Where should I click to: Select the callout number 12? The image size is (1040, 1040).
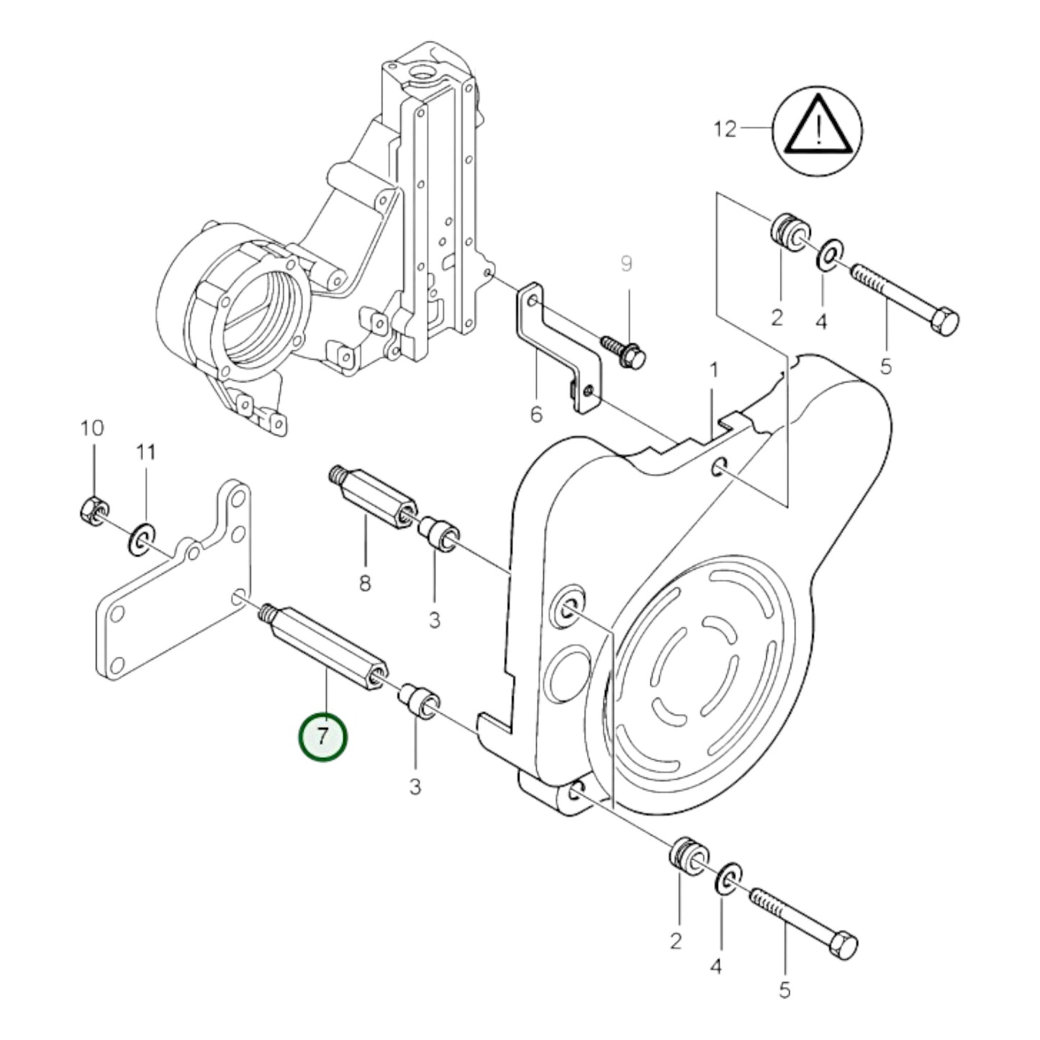pos(725,130)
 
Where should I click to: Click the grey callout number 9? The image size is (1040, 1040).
pos(626,264)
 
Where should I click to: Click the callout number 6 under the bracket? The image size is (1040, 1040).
pos(536,415)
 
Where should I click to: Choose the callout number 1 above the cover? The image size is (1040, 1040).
pos(713,371)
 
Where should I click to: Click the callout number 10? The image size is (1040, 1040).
pos(92,428)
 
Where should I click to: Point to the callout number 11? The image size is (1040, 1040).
pos(146,452)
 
